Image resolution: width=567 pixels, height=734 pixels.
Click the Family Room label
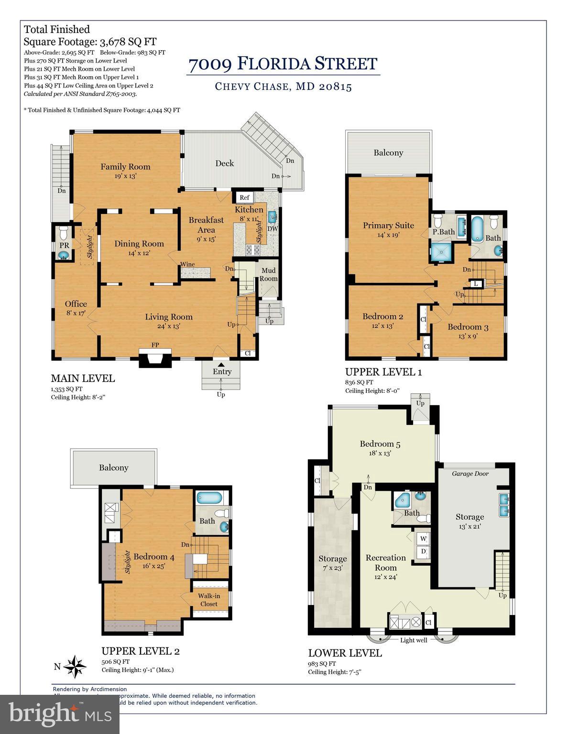pyautogui.click(x=125, y=167)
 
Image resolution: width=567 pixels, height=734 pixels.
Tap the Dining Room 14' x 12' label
pyautogui.click(x=139, y=248)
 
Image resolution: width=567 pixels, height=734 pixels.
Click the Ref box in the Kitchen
pyautogui.click(x=244, y=197)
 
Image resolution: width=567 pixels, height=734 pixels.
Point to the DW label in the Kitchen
pyautogui.click(x=272, y=229)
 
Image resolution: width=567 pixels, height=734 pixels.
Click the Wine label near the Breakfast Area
pyautogui.click(x=187, y=264)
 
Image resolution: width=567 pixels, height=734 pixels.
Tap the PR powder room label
pyautogui.click(x=64, y=245)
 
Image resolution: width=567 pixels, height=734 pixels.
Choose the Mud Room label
pyautogui.click(x=268, y=274)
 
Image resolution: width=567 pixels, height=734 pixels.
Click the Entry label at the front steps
pyautogui.click(x=222, y=371)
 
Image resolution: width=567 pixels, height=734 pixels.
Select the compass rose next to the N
pyautogui.click(x=75, y=666)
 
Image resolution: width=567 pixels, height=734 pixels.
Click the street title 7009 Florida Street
pyautogui.click(x=283, y=64)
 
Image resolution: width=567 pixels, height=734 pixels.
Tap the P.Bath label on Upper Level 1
pyautogui.click(x=444, y=232)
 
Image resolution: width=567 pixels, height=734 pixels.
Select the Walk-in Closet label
pyautogui.click(x=209, y=600)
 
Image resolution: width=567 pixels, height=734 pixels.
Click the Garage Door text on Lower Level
pyautogui.click(x=470, y=474)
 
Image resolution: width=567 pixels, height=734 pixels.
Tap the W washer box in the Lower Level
pyautogui.click(x=423, y=539)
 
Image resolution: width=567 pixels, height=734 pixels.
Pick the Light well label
pyautogui.click(x=414, y=640)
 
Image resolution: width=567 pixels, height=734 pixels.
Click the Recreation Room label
pyautogui.click(x=385, y=562)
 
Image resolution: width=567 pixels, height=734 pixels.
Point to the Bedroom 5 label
pyautogui.click(x=380, y=444)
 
